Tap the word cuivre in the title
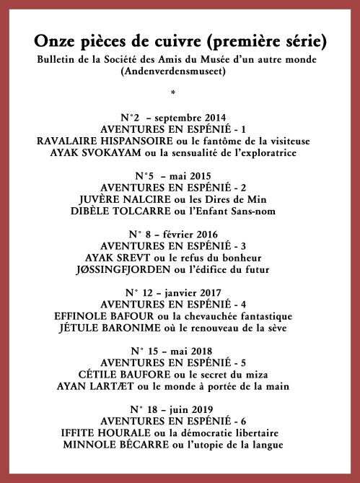coord(189,38)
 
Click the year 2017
coord(208,293)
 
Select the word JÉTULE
coord(79,328)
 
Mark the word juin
coord(171,410)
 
